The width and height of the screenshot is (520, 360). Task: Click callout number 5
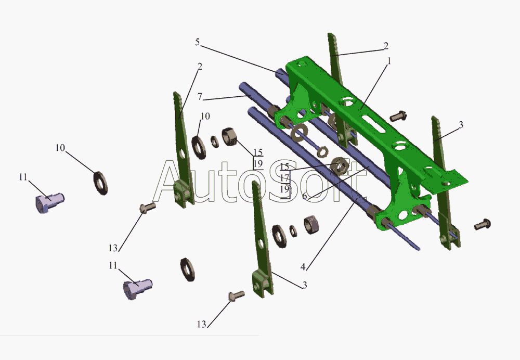click(197, 43)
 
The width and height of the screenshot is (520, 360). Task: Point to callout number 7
click(200, 97)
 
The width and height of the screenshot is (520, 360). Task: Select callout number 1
click(389, 61)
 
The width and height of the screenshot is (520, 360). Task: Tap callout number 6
click(305, 196)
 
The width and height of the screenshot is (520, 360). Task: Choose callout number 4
click(303, 267)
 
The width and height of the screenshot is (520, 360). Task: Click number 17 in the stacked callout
click(284, 178)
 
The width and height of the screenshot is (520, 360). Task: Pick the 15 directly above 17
click(284, 166)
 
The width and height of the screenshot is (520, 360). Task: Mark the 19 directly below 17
click(284, 189)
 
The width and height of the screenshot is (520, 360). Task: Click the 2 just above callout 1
click(386, 46)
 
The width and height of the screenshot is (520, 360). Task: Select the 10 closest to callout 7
click(205, 116)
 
